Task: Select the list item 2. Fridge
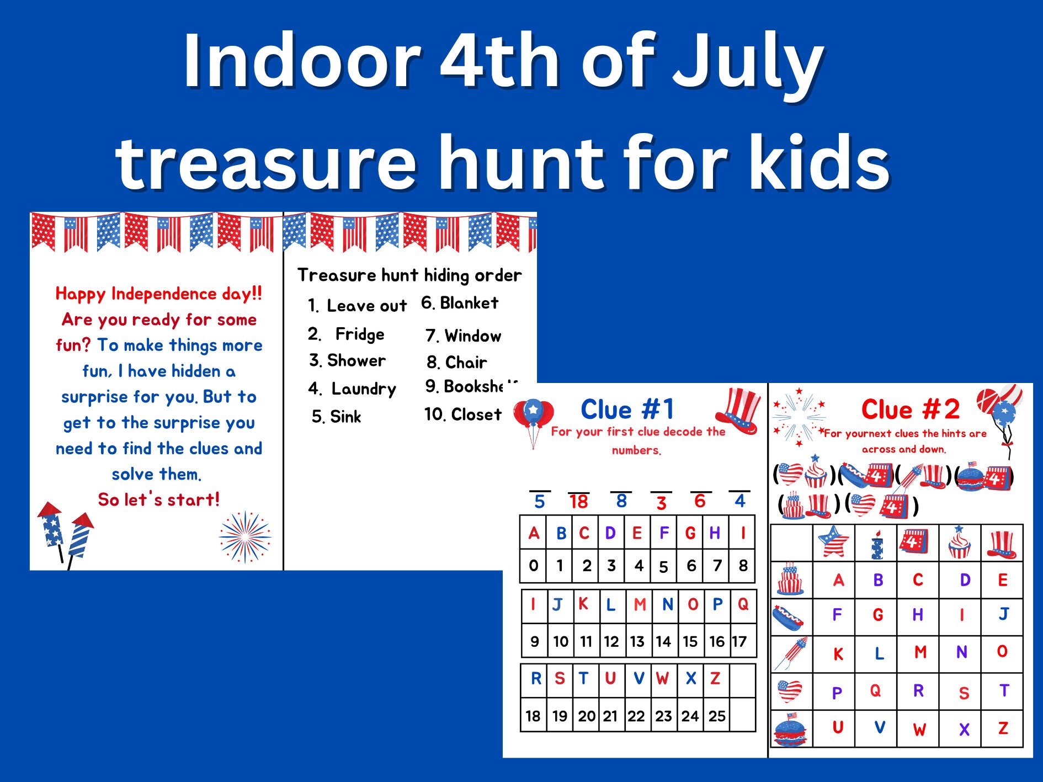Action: [346, 334]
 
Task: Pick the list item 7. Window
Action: [463, 336]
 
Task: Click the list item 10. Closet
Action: [463, 414]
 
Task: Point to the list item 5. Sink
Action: [336, 417]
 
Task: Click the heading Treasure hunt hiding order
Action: [409, 275]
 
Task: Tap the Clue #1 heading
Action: [627, 409]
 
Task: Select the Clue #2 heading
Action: [910, 409]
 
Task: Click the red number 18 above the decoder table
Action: [578, 502]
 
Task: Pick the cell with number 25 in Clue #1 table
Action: [716, 716]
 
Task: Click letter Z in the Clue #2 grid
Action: [1003, 728]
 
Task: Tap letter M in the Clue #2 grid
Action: [920, 652]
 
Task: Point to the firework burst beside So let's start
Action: [244, 536]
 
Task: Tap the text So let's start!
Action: [159, 499]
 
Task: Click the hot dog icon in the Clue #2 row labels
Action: [789, 618]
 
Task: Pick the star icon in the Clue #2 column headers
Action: [833, 542]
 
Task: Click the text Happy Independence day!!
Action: [159, 294]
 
